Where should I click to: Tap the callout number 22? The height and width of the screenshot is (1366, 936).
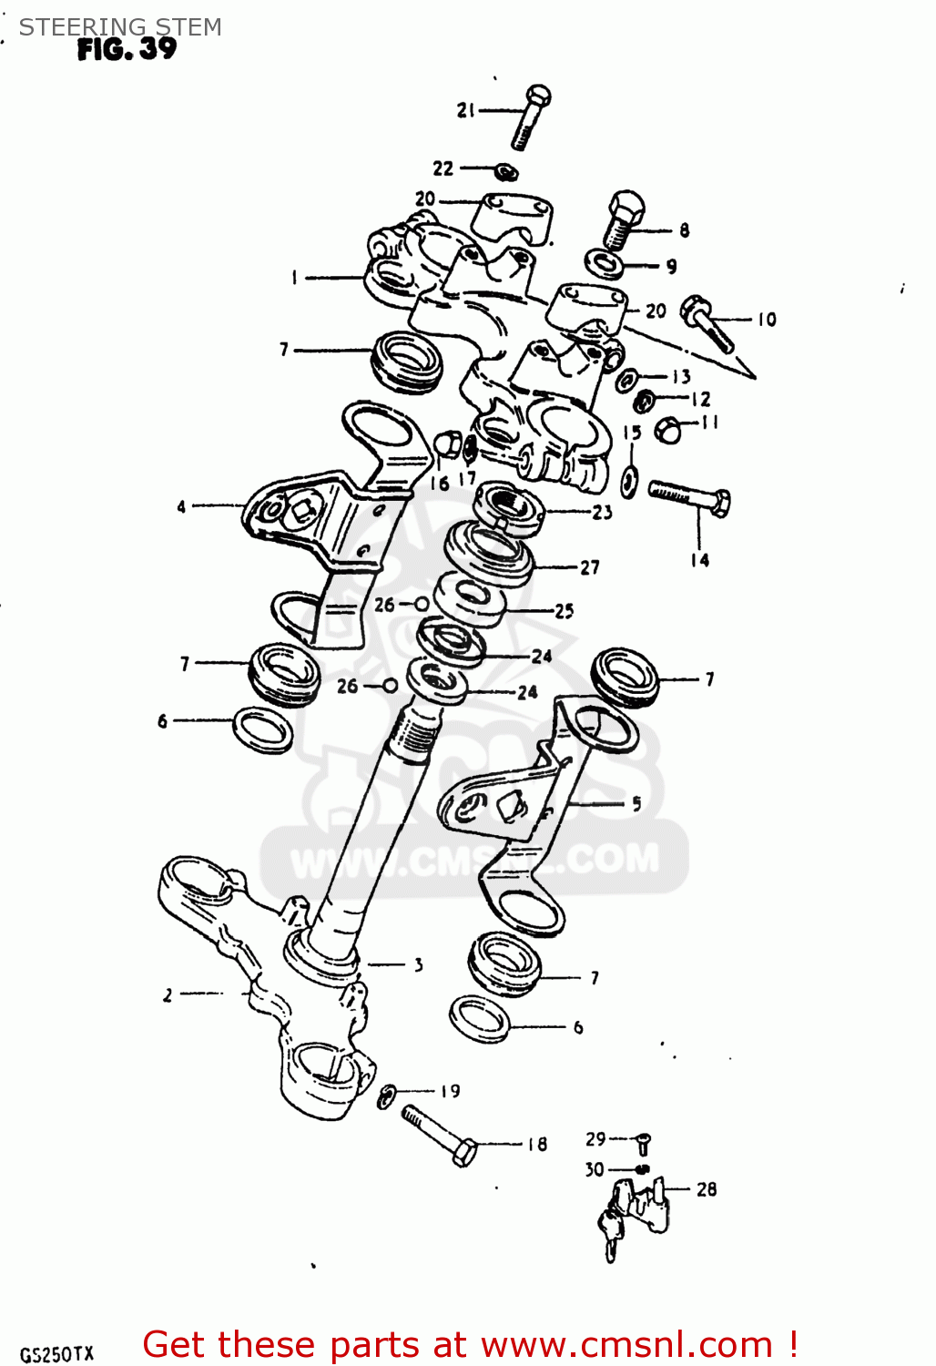443,168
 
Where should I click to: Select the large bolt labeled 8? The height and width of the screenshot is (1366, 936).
623,219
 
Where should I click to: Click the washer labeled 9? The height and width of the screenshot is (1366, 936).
605,264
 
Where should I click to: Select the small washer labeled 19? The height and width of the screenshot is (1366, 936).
386,1096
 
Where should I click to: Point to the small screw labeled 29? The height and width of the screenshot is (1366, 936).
643,1143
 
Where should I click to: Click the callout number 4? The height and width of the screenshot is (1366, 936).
181,506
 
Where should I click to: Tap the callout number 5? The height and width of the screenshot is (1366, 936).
636,803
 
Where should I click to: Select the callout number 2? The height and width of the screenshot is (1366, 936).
168,995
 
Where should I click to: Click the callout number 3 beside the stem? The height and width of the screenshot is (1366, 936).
418,964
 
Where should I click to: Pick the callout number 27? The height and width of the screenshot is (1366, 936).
590,567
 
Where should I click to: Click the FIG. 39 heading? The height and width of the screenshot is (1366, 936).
127,49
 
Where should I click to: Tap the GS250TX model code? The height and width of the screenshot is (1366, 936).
56,1354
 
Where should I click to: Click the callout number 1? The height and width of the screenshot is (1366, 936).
294,277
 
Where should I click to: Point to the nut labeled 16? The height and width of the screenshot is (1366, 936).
446,444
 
